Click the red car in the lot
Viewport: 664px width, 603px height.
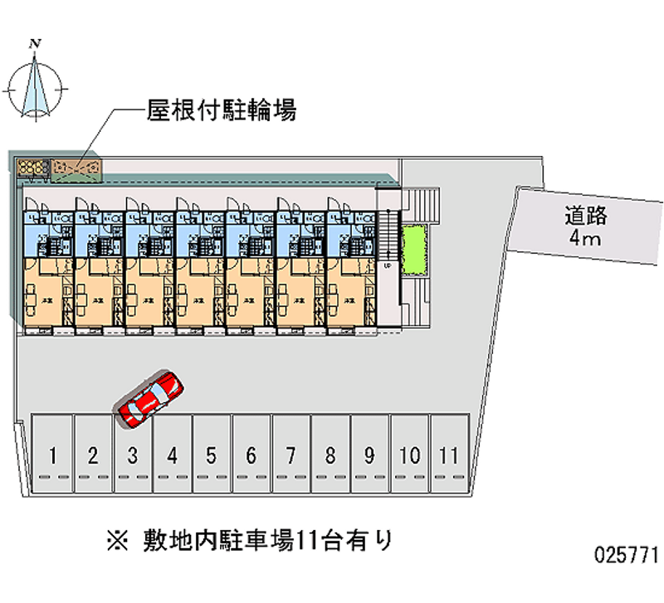(x=150, y=398)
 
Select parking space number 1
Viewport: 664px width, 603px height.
(x=53, y=455)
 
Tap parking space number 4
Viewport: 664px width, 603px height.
(x=172, y=455)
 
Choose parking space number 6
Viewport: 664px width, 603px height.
(x=251, y=455)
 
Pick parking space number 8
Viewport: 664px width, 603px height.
(x=330, y=455)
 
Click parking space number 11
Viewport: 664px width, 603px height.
(x=449, y=455)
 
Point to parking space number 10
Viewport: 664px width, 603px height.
(x=409, y=455)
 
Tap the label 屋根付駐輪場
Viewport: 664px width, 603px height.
(x=221, y=110)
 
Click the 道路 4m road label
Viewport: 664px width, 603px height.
(x=587, y=227)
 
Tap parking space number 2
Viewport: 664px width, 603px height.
(x=93, y=455)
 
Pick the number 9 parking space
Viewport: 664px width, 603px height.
(x=369, y=455)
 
